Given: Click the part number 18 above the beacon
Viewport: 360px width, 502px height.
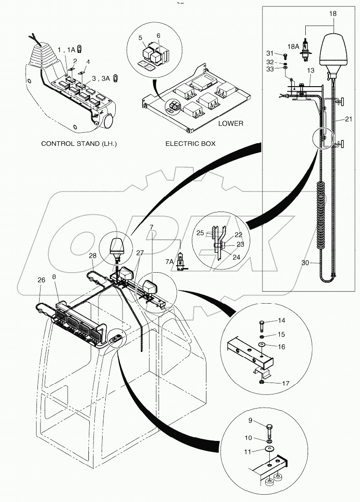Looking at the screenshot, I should click(333, 14).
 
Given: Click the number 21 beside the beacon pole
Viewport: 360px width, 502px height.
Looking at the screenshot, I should click(349, 119).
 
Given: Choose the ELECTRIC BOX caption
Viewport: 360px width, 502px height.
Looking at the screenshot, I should click(190, 143).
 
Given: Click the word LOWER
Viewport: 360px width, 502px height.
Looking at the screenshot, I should click(231, 123).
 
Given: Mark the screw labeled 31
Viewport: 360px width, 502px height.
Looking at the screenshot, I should click(285, 56).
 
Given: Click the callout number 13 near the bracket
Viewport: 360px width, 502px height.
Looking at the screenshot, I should click(311, 71).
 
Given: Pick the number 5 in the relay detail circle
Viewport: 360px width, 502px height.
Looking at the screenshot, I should click(141, 38).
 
